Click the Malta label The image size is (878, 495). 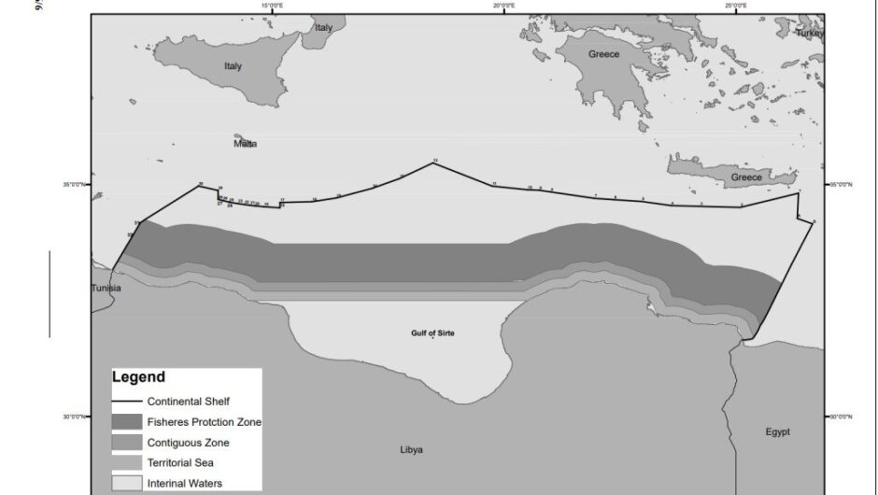coord(246,144)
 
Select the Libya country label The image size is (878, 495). coord(411,449)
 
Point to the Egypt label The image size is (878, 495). coord(777,431)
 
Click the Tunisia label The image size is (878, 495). coord(105,288)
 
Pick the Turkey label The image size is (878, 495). coord(809,33)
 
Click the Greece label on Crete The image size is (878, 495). coord(746,177)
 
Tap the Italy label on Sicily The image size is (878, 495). coord(233,66)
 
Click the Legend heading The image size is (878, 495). coord(138,377)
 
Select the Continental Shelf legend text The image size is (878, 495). coord(189,401)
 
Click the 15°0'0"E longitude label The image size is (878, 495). coord(273,6)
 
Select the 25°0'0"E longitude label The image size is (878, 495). coord(735,6)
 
